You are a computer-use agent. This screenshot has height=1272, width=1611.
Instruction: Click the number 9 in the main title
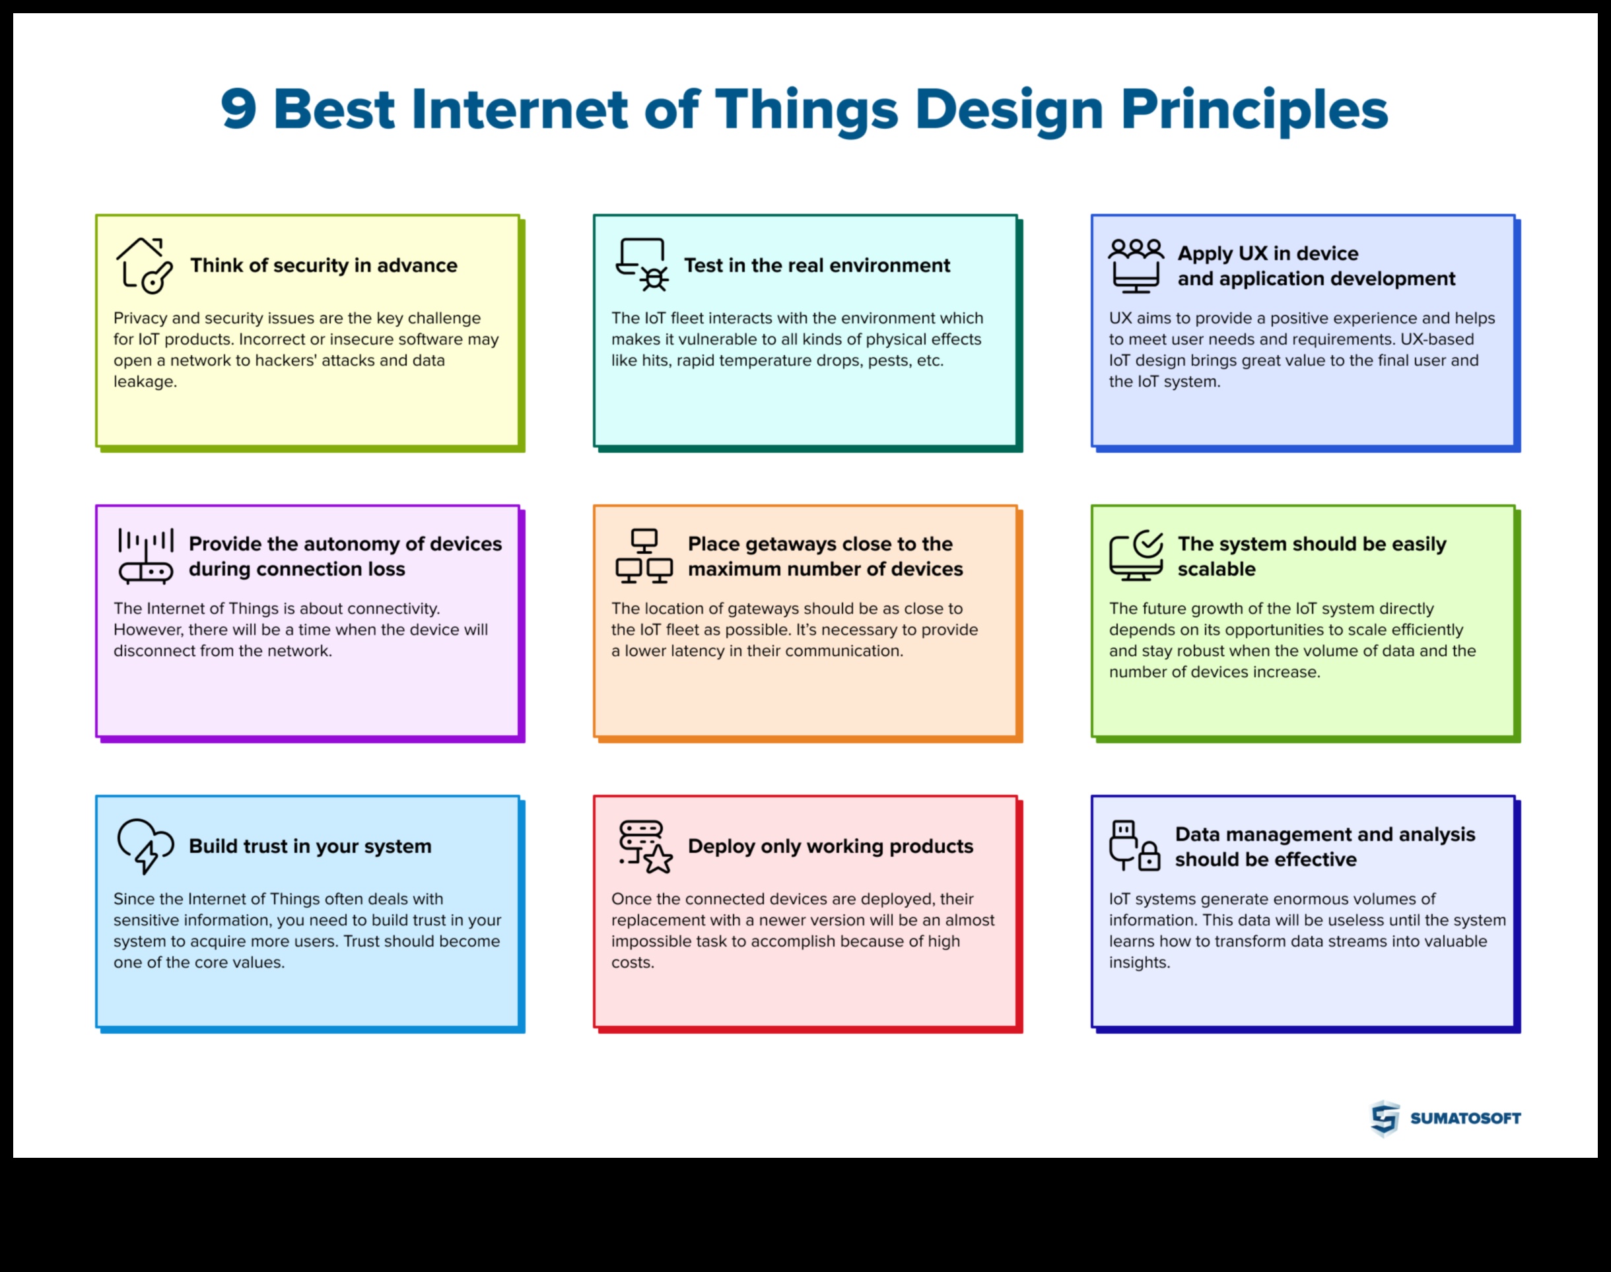[238, 110]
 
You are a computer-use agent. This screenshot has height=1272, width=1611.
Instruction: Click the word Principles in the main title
[1254, 110]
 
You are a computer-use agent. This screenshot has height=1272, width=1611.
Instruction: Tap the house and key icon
[144, 265]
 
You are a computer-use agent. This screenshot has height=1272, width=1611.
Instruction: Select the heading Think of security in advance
[324, 265]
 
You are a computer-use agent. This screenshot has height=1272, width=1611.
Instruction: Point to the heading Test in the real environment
[816, 265]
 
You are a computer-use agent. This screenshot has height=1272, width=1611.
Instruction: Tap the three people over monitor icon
[1135, 265]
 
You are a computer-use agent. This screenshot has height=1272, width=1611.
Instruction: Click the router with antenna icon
[146, 556]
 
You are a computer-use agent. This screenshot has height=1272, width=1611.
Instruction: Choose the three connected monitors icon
[644, 556]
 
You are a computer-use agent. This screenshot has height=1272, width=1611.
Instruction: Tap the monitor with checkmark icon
[1136, 556]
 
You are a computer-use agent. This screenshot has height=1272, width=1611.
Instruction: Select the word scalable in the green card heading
[1216, 569]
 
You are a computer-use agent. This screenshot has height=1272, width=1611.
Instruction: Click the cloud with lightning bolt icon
[145, 846]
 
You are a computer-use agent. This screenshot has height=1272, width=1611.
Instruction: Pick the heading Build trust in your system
[310, 846]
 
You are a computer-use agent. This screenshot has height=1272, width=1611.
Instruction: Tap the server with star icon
[645, 846]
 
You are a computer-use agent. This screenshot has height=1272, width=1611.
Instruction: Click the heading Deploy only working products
[830, 846]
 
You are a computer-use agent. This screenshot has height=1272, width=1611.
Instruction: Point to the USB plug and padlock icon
[1134, 846]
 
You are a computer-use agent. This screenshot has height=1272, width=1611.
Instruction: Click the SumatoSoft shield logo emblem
[1385, 1118]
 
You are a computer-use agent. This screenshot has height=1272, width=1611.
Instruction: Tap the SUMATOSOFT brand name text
[1465, 1118]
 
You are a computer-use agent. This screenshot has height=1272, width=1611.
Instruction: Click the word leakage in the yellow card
[145, 382]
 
